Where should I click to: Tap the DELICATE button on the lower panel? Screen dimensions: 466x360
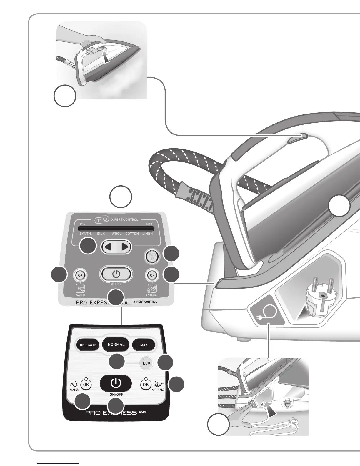[88, 345]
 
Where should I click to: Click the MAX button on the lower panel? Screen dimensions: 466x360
[144, 345]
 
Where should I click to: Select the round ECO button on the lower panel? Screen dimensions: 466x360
[146, 363]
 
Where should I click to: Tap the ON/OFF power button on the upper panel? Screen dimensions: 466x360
[116, 274]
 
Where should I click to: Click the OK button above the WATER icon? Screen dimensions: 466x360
[80, 275]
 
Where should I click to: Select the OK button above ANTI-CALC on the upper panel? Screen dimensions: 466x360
[152, 275]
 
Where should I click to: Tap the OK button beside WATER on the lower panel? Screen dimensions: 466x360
[86, 384]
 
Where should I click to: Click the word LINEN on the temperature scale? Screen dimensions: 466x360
[148, 234]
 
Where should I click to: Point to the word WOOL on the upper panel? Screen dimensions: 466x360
[116, 234]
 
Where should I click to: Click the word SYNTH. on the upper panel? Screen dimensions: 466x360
[86, 234]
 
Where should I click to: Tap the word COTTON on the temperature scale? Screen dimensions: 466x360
[132, 234]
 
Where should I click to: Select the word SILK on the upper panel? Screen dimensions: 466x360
[101, 234]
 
